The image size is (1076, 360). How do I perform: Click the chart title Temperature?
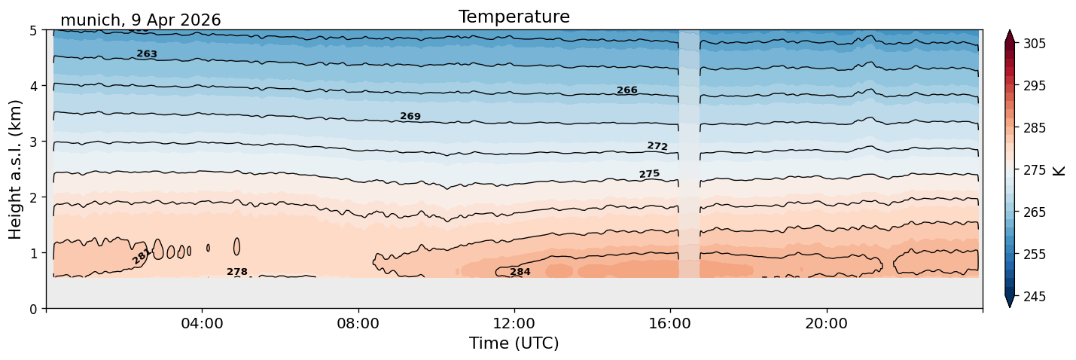click(514, 17)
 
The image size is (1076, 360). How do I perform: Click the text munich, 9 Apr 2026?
click(141, 20)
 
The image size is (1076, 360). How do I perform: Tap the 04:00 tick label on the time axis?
click(203, 323)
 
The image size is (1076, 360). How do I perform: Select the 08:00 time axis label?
click(358, 323)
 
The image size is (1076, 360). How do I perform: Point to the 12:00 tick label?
click(514, 323)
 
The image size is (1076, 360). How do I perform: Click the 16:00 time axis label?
click(671, 323)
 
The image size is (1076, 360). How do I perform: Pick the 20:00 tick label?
click(827, 323)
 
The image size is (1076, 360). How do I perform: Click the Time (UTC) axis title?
click(514, 343)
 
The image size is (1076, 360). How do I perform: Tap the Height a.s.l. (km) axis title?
click(15, 169)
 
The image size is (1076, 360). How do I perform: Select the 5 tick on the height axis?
click(33, 31)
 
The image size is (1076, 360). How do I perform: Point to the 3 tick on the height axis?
click(33, 142)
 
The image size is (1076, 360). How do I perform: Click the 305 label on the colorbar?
click(1034, 44)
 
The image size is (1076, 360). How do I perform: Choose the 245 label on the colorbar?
click(1034, 297)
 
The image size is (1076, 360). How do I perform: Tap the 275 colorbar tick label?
click(1034, 170)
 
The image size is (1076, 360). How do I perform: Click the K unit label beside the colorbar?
click(1059, 171)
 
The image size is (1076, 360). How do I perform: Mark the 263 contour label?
click(147, 53)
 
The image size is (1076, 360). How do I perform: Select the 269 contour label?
click(410, 116)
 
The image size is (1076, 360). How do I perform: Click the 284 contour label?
click(520, 272)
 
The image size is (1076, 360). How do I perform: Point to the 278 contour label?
click(237, 272)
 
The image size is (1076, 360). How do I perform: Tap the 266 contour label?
click(627, 90)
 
